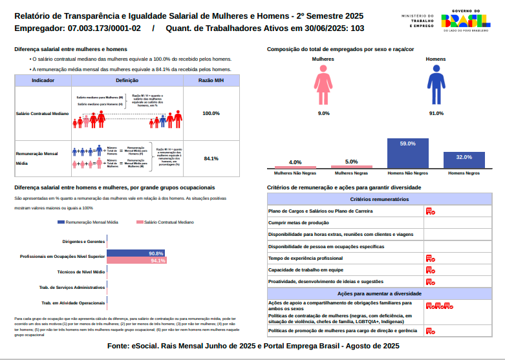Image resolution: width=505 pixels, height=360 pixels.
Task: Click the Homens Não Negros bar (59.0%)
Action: pos(408,154)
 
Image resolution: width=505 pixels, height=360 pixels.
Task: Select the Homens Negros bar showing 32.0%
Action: pos(464,161)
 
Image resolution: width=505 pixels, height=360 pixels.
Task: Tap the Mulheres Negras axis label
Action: pos(352,173)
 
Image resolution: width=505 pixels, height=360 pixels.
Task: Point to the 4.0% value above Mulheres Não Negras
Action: pos(295,162)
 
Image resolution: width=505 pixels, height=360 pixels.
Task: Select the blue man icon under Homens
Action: pos(436,88)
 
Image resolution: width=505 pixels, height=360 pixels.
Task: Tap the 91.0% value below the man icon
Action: pos(436,113)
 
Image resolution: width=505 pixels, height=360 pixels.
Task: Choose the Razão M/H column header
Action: pos(211,80)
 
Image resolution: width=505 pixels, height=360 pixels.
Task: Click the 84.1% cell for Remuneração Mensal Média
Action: pos(211,158)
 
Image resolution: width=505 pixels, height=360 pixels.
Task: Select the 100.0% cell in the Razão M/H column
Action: pos(211,113)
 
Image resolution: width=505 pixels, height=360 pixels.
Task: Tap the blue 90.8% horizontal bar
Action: pos(135,253)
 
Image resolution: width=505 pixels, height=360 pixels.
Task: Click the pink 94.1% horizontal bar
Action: pos(136,260)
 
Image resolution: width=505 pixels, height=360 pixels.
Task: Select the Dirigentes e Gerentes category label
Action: pos(83,241)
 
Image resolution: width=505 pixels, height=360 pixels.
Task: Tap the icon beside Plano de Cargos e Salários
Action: pos(430,211)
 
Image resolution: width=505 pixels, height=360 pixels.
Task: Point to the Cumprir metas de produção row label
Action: pos(299,222)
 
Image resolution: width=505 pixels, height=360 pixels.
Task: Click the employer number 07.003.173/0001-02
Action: pos(100,28)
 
